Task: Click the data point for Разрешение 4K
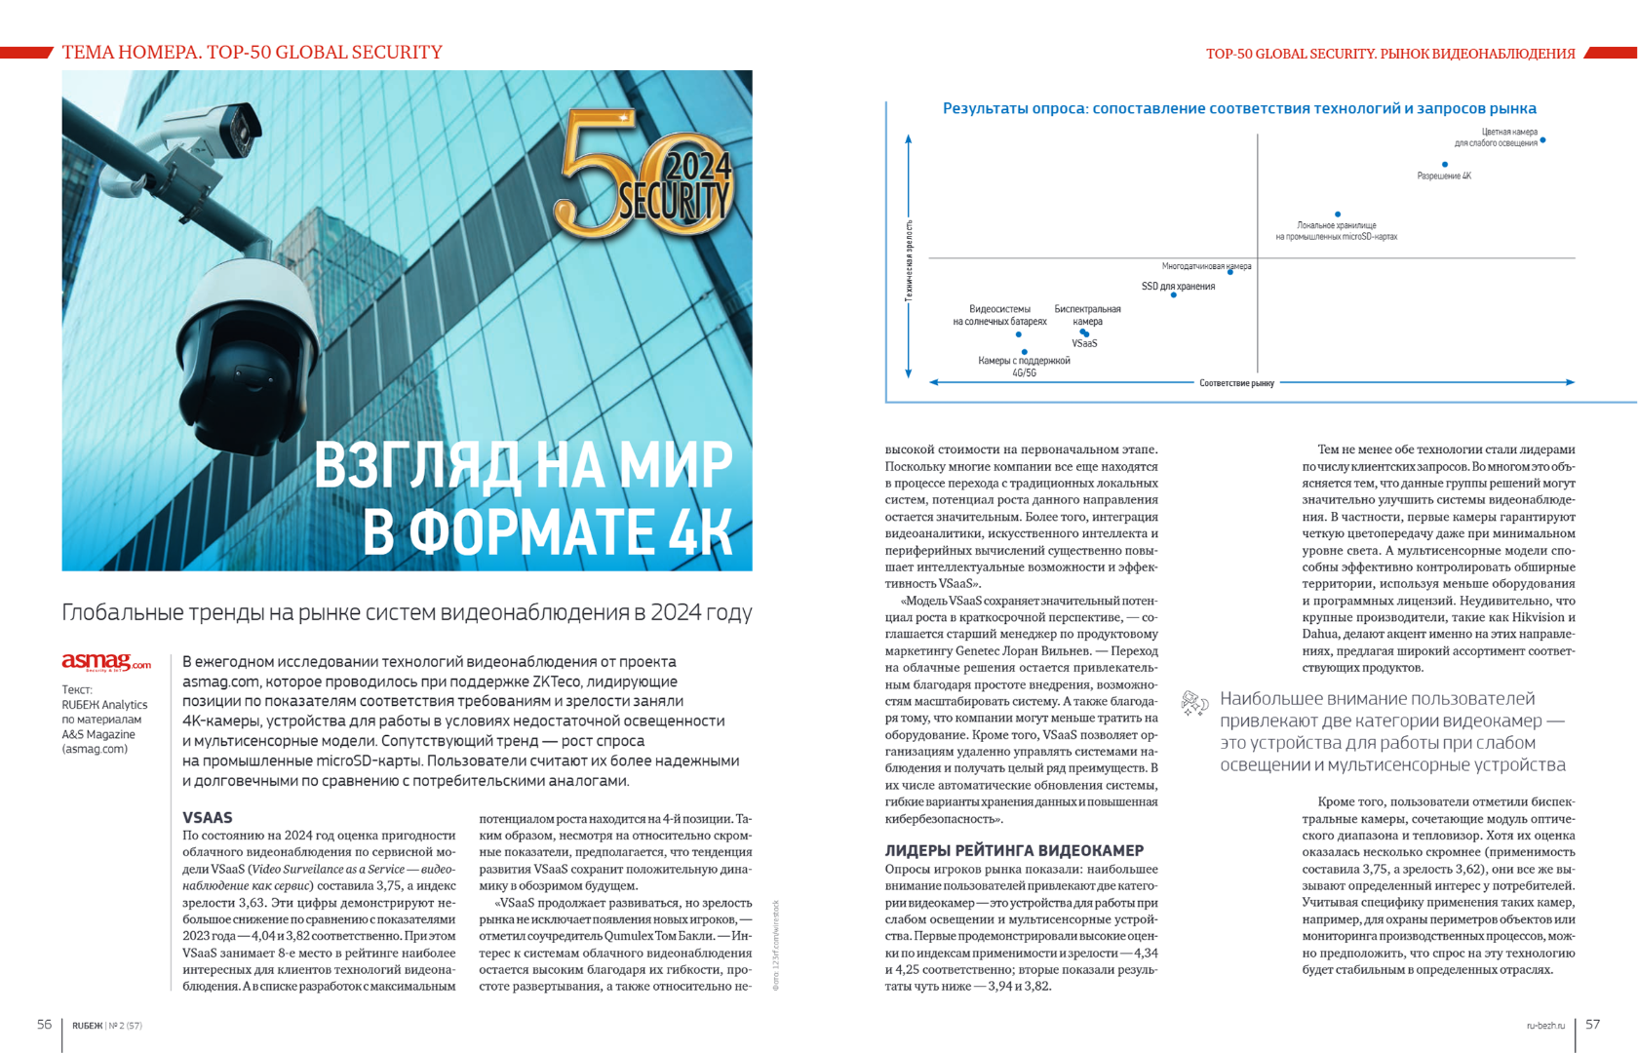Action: point(1445,165)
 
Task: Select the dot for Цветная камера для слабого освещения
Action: point(1542,140)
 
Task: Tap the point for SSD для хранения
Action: point(1174,294)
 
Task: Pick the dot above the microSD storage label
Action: point(1338,214)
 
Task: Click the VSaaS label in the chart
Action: point(1085,344)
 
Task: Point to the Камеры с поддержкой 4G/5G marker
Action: point(1025,352)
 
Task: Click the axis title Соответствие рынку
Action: point(1236,383)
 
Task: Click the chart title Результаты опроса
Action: point(1239,109)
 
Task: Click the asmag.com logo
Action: point(106,663)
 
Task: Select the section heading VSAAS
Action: point(208,817)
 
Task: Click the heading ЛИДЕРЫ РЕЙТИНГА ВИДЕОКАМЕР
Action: point(1014,850)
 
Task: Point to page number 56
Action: point(45,1024)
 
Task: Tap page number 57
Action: point(1593,1024)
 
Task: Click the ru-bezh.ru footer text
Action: point(1545,1026)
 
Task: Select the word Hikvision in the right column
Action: point(1544,617)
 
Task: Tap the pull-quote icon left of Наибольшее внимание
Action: point(1194,703)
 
